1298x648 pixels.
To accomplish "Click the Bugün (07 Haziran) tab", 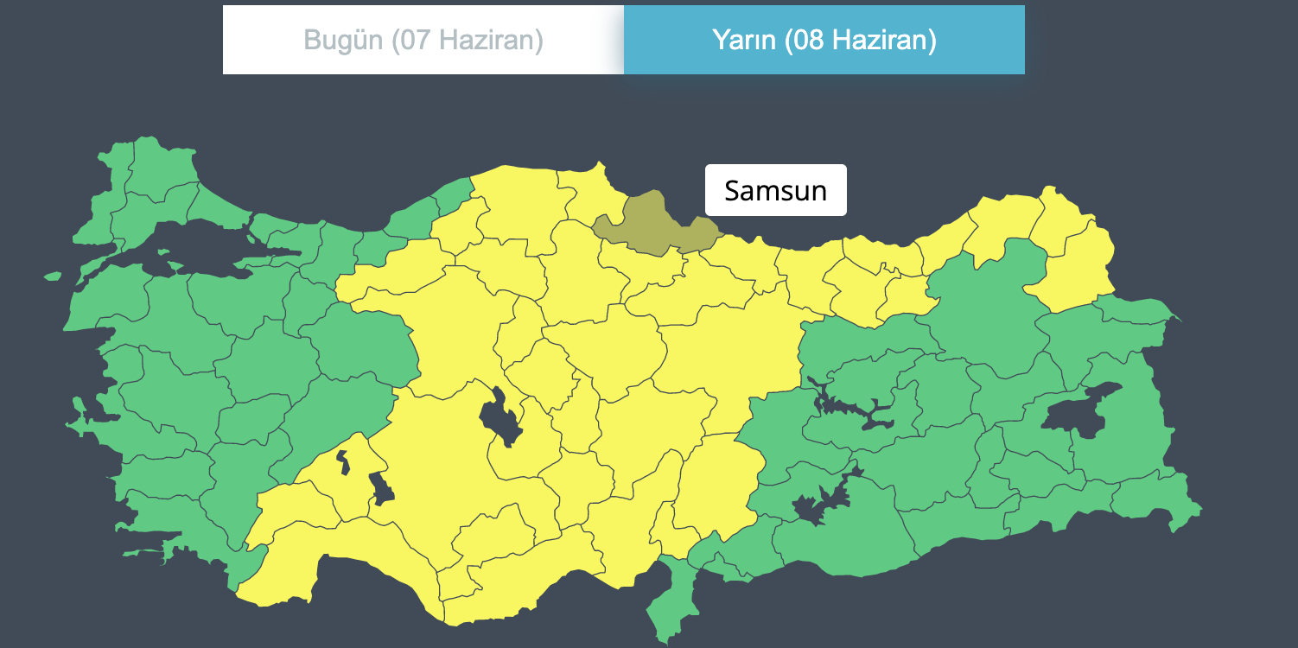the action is click(x=423, y=40).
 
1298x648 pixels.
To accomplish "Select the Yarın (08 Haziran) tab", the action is click(x=824, y=40).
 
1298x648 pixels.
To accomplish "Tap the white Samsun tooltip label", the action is click(x=775, y=190).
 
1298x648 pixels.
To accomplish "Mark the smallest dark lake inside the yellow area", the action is click(x=343, y=461).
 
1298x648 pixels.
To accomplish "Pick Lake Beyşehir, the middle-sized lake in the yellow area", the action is click(x=381, y=489).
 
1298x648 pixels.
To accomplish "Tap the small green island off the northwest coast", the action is click(x=52, y=276).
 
